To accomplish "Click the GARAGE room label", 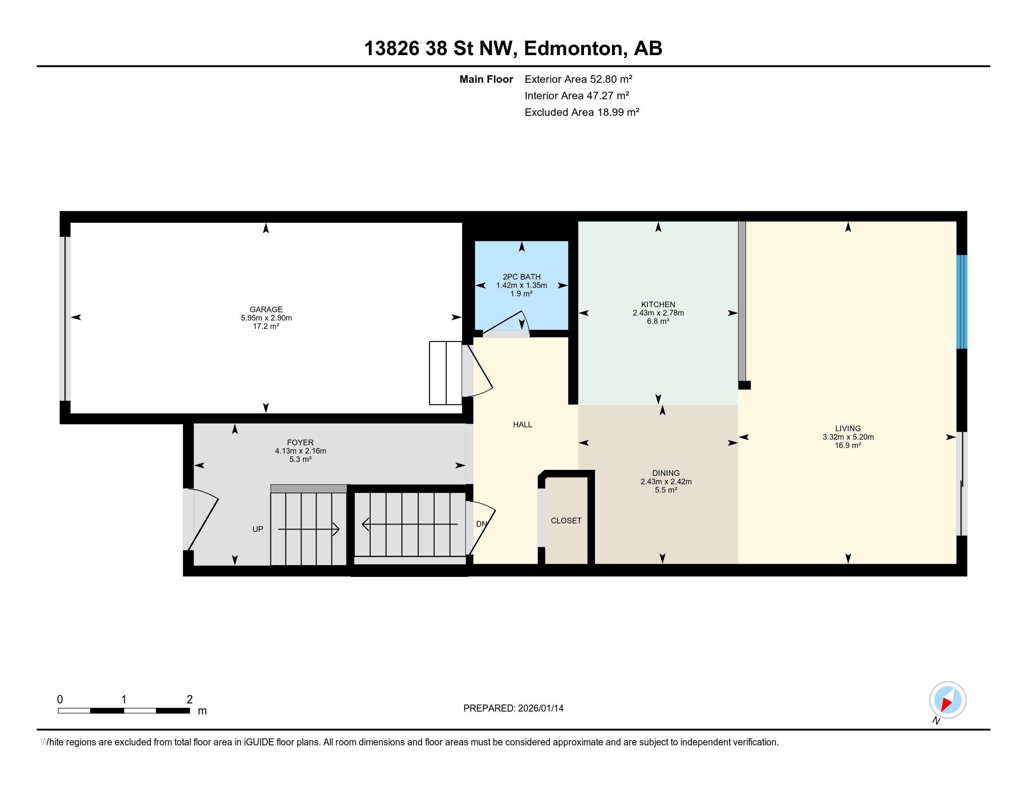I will click(x=266, y=310).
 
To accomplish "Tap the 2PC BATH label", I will click(x=521, y=277).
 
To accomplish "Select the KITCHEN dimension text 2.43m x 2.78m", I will click(x=658, y=313).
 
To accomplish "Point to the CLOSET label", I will click(x=566, y=521).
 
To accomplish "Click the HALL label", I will click(x=522, y=425).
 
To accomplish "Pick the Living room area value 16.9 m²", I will click(x=848, y=446).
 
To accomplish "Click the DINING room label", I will click(x=666, y=473).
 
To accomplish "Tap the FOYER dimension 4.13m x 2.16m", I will click(x=301, y=451).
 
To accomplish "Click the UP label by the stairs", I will click(x=258, y=529).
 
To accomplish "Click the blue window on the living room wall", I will click(x=962, y=302).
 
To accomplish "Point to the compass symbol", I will click(x=947, y=700).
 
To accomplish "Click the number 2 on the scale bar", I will click(x=190, y=700).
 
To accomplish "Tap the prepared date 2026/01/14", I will click(x=540, y=709).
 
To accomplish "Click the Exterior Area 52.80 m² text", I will click(x=578, y=79).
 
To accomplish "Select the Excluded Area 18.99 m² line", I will click(x=582, y=112).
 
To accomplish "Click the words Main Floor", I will click(x=486, y=79).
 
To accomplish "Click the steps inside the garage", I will click(x=445, y=373).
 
